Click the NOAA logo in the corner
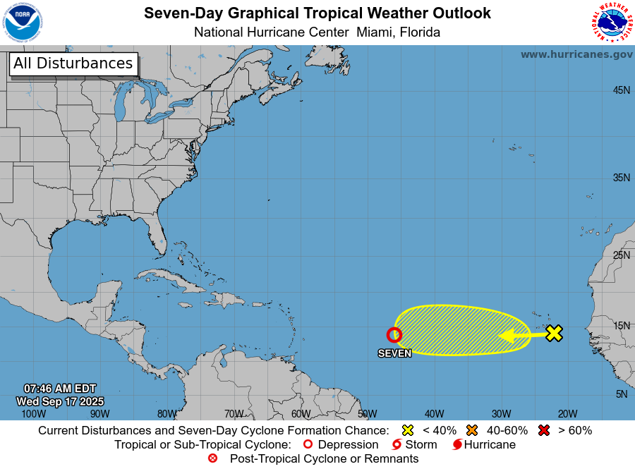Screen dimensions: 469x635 pyautogui.click(x=22, y=23)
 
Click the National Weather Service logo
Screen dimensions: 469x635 pyautogui.click(x=610, y=23)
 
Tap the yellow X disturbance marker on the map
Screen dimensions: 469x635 pyautogui.click(x=555, y=334)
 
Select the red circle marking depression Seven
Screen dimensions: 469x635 pyautogui.click(x=394, y=335)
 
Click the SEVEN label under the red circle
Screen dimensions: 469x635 pyautogui.click(x=394, y=353)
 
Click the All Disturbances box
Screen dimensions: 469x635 pyautogui.click(x=73, y=63)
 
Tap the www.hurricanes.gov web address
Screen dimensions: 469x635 pyautogui.click(x=576, y=54)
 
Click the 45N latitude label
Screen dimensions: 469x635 pyautogui.click(x=621, y=90)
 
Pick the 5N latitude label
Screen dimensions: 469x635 pyautogui.click(x=621, y=394)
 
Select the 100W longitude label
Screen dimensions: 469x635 pyautogui.click(x=32, y=414)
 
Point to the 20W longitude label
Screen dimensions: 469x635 pyautogui.click(x=567, y=414)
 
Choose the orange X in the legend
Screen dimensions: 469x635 pyautogui.click(x=471, y=430)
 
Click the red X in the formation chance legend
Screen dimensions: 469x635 pyautogui.click(x=543, y=430)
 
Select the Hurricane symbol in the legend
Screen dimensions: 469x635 pyautogui.click(x=457, y=444)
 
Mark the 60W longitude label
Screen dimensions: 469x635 pyautogui.click(x=301, y=414)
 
